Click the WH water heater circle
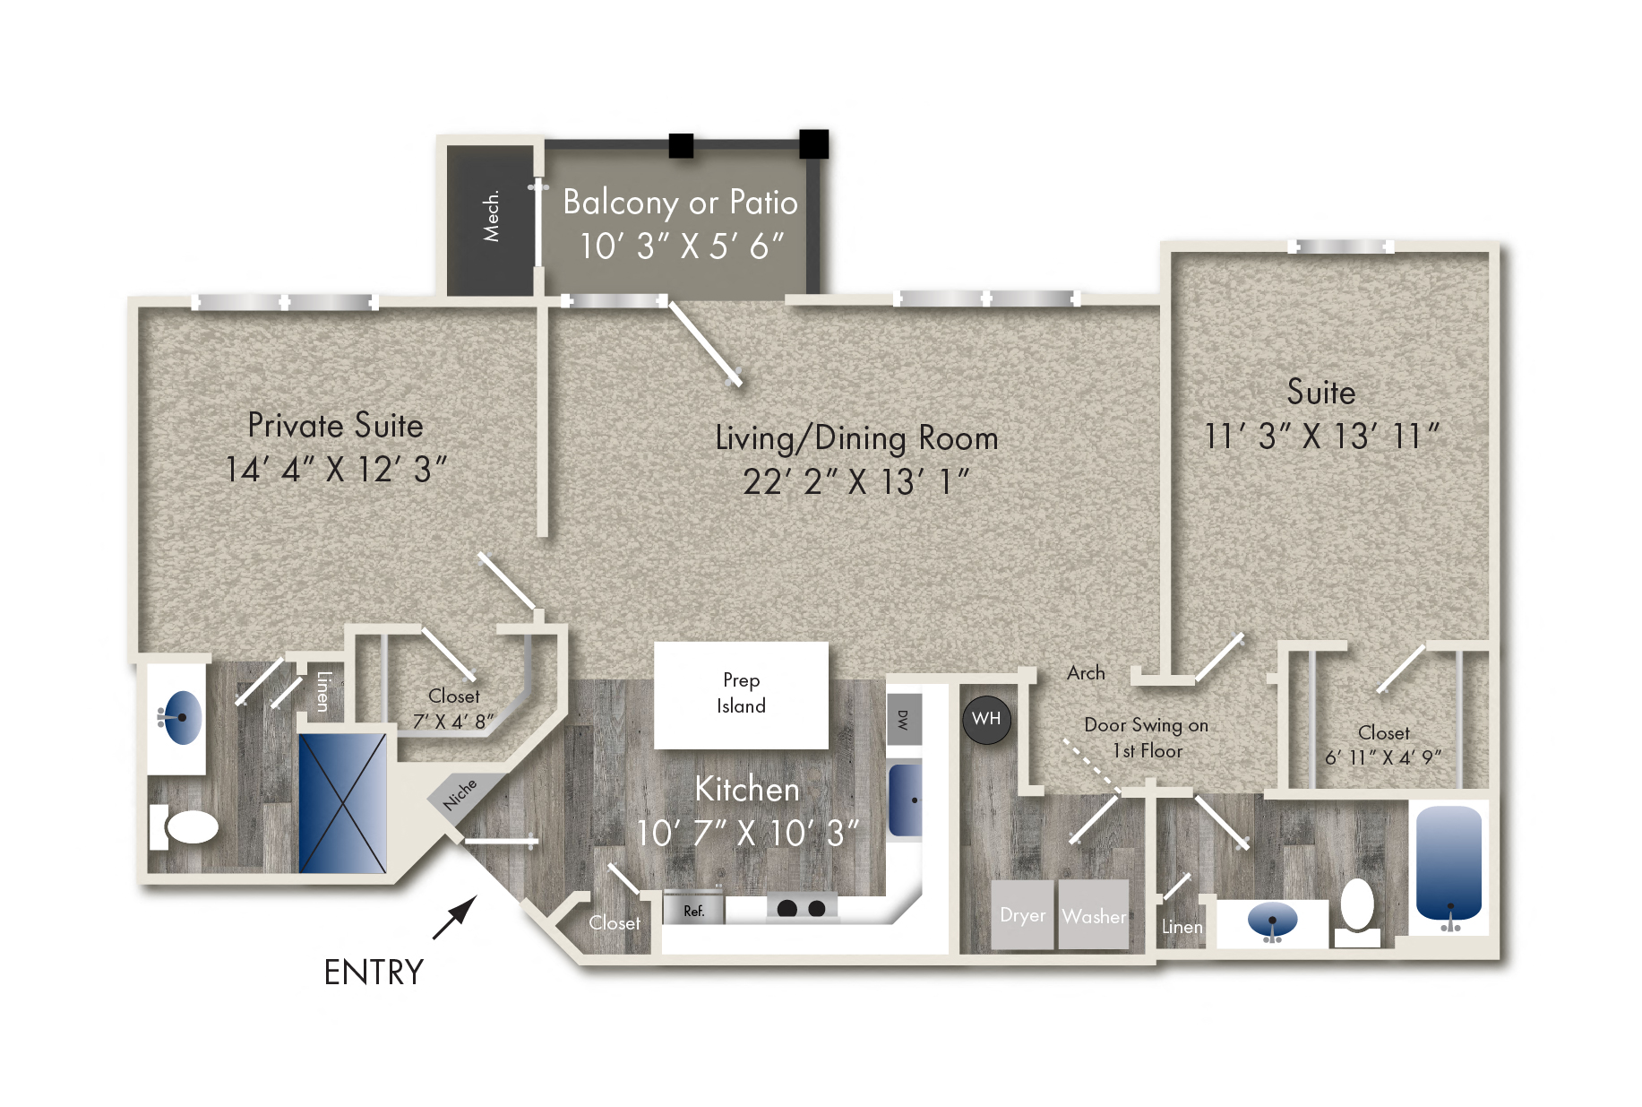985,719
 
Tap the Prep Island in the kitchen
741,695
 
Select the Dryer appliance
1022,915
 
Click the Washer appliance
1093,915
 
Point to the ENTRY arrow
454,919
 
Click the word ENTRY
374,973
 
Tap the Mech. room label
491,216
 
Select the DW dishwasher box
903,719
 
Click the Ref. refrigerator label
694,911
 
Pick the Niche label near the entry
460,794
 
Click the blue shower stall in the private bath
342,803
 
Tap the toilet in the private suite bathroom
185,826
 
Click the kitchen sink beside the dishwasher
905,800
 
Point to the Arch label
1086,673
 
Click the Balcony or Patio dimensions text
682,246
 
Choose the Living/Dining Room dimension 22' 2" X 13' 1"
856,482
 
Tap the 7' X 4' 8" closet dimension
453,722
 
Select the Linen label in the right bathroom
1182,927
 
